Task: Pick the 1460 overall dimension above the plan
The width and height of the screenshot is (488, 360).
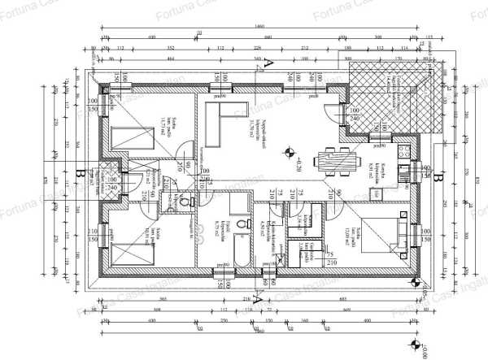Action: tap(259, 28)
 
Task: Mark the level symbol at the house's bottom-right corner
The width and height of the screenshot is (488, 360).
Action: tap(416, 284)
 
